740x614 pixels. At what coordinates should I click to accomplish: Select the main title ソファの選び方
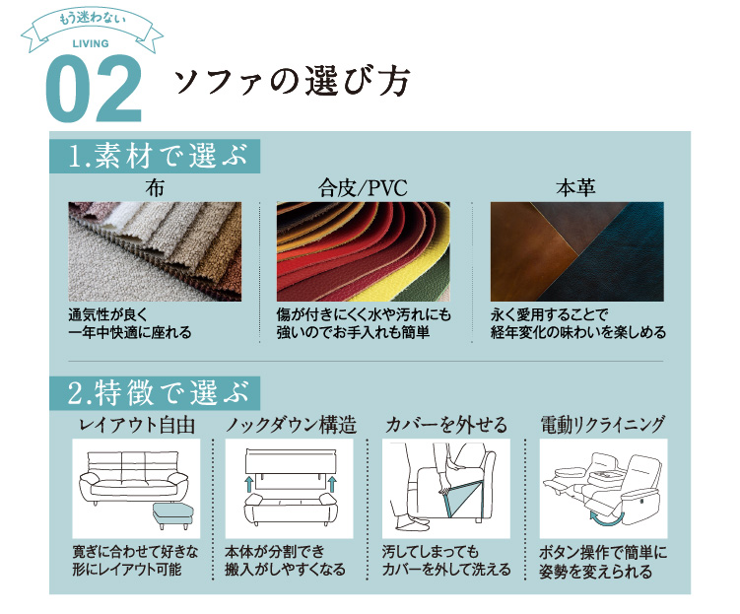pos(291,82)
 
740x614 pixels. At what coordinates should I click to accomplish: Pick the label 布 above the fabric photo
pos(154,187)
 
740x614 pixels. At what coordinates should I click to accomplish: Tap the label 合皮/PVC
pos(363,187)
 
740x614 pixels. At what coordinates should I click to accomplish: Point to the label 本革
pos(576,187)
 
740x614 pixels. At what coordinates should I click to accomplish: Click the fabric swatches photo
pos(155,250)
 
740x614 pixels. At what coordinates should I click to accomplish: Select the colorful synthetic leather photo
pos(363,250)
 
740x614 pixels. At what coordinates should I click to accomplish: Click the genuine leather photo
pos(576,250)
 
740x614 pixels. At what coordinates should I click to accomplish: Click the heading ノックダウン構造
pos(291,425)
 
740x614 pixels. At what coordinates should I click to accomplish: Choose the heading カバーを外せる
pos(446,425)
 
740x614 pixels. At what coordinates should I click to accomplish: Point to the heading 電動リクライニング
pos(603,425)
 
